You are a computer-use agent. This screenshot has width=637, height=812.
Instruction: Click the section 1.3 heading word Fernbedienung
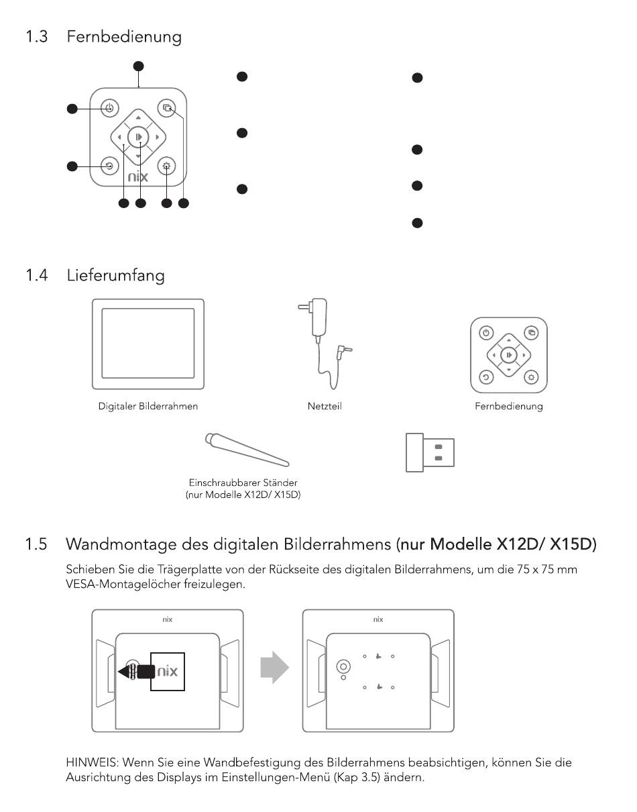tap(124, 36)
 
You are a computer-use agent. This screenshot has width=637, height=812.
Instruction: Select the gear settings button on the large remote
tap(166, 166)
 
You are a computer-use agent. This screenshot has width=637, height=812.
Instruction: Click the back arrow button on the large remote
tap(109, 166)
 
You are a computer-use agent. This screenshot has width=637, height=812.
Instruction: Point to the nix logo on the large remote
tap(137, 177)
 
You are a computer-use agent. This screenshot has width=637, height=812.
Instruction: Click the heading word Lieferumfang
tap(115, 274)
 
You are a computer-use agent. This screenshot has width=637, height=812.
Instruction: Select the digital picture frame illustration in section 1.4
tap(148, 344)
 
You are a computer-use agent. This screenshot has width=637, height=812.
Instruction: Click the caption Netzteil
tap(325, 406)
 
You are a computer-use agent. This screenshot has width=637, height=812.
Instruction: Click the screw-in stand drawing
tap(246, 449)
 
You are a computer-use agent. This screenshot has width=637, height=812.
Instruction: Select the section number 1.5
tap(36, 544)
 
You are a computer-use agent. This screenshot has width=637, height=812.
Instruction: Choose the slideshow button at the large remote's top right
tap(166, 108)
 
